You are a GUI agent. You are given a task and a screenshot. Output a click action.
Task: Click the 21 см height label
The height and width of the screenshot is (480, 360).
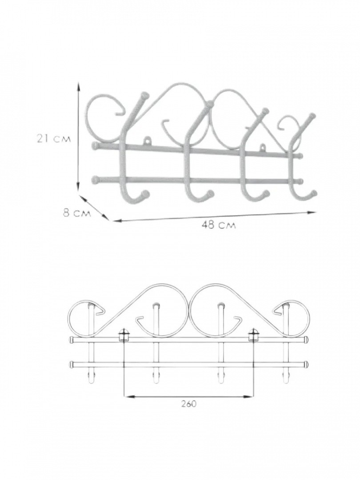click(x=54, y=139)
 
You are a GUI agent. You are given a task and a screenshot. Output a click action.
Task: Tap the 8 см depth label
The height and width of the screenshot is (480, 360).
click(x=77, y=213)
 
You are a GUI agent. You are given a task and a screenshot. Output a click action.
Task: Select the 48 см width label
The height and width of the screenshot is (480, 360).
click(x=219, y=226)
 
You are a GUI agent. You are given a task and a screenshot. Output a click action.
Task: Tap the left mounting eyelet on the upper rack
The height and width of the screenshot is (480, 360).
click(x=148, y=141)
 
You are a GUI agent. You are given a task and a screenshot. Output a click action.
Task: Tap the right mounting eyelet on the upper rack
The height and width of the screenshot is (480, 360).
click(x=262, y=147)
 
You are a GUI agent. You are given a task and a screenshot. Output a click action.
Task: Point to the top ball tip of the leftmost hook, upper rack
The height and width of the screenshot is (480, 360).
click(x=144, y=95)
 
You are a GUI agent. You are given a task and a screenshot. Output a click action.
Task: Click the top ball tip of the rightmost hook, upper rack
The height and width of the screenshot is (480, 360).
click(x=312, y=116)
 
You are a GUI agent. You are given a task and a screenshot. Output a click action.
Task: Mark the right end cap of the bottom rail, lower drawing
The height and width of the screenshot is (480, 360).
click(x=307, y=364)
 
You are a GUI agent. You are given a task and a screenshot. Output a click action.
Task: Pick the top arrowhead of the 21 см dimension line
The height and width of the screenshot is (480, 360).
click(x=79, y=88)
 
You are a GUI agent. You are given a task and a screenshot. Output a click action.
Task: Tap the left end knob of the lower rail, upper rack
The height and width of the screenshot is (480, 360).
click(x=95, y=179)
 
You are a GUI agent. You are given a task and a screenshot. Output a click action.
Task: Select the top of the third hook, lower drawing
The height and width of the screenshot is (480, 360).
click(x=220, y=306)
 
